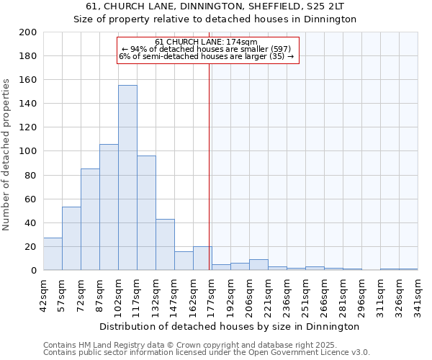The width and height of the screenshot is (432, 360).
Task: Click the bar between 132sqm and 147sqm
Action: pos(165,245)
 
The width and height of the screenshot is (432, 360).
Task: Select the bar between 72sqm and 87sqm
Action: pos(90,220)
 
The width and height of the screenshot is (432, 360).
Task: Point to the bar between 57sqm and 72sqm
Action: pos(71,238)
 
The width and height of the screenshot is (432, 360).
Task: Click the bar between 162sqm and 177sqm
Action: pos(202,258)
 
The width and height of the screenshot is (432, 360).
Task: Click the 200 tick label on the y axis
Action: pos(29,32)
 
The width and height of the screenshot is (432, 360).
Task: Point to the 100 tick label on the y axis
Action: pos(29,151)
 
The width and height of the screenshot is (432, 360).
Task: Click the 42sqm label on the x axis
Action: pos(43,294)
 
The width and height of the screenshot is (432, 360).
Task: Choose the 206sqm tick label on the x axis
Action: pos(249,294)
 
